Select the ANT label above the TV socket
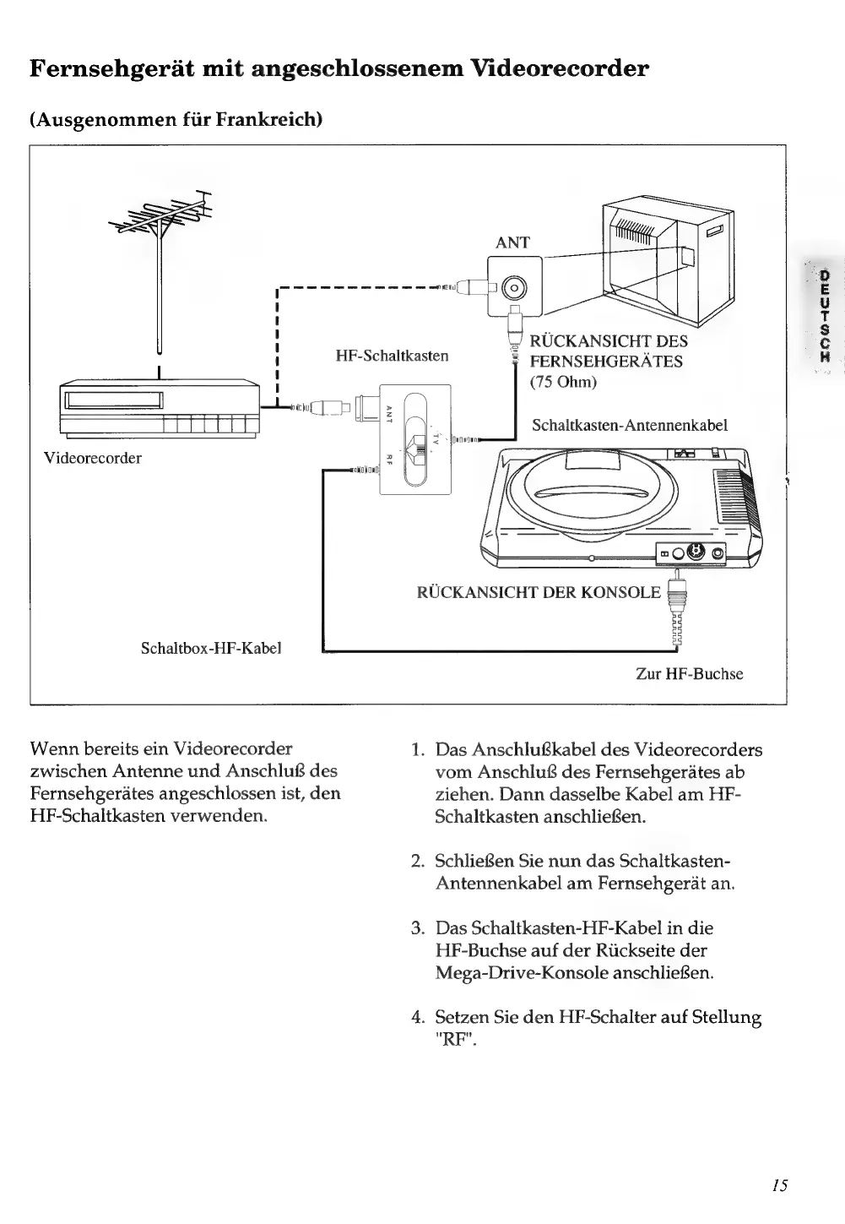tap(512, 242)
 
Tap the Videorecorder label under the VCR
tap(93, 458)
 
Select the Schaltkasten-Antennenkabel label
tap(629, 425)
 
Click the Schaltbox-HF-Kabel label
tap(210, 648)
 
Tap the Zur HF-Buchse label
tap(689, 673)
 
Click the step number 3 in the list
tap(417, 928)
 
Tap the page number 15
tap(779, 1184)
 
